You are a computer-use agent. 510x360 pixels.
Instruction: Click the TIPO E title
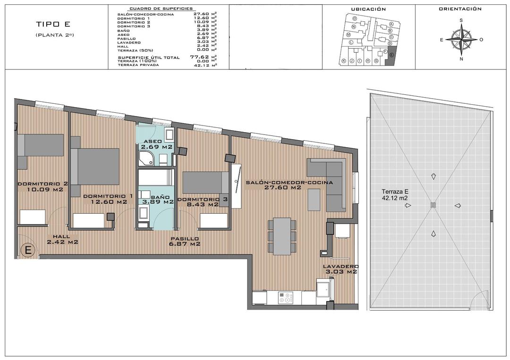(x=52, y=25)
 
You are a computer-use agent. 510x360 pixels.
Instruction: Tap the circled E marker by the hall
(x=28, y=250)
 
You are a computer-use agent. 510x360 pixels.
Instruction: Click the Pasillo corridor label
(x=185, y=239)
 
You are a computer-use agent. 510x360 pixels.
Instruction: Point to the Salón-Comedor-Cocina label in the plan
(x=289, y=182)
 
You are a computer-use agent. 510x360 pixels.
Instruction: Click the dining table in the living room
(x=282, y=235)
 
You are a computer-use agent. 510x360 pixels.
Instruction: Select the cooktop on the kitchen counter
(x=285, y=298)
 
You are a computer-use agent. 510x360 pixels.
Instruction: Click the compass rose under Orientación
(x=461, y=40)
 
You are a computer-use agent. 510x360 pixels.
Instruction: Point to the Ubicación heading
(x=368, y=9)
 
